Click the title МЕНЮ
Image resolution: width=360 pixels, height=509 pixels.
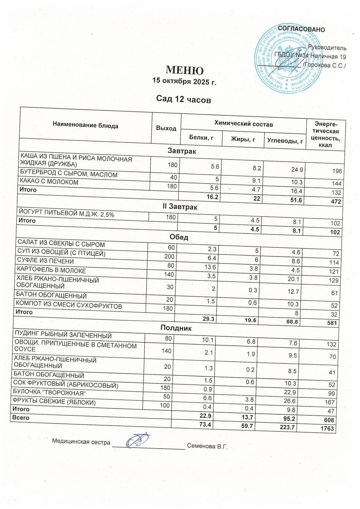pos(185,70)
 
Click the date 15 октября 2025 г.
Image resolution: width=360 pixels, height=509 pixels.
pos(184,81)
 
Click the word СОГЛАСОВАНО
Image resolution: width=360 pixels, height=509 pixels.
pos(301,30)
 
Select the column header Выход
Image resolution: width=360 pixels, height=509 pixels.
pos(166,128)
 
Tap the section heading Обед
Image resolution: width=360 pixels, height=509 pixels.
pos(179,237)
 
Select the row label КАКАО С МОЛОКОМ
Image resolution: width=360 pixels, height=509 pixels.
pos(49,182)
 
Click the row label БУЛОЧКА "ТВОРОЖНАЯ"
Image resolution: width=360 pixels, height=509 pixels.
pos(49,393)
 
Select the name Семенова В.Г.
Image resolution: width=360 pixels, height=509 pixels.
pos(207,446)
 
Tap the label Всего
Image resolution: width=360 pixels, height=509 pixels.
pos(21,418)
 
